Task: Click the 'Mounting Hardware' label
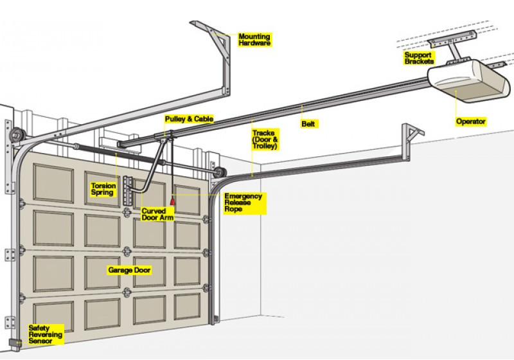pyautogui.click(x=254, y=40)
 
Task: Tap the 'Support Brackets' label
pyautogui.click(x=419, y=58)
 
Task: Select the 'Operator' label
pyautogui.click(x=471, y=122)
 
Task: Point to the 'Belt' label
pyautogui.click(x=308, y=123)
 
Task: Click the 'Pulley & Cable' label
pyautogui.click(x=189, y=119)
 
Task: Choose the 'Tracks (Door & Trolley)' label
pyautogui.click(x=265, y=139)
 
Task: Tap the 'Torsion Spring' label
pyautogui.click(x=103, y=189)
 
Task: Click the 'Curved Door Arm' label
pyautogui.click(x=157, y=214)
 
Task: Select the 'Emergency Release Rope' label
pyautogui.click(x=244, y=203)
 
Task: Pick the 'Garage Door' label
pyautogui.click(x=129, y=270)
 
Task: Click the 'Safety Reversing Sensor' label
pyautogui.click(x=45, y=334)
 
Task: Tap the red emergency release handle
pyautogui.click(x=172, y=200)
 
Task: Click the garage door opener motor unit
pyautogui.click(x=469, y=81)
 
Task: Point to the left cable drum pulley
pyautogui.click(x=17, y=135)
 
